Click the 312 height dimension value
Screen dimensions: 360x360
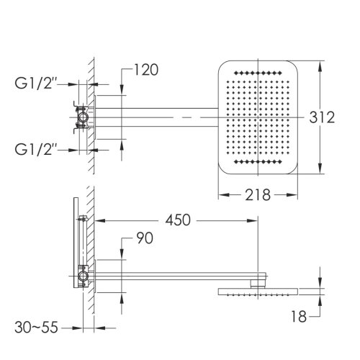tap(322, 117)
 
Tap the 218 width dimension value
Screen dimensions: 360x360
tap(258, 195)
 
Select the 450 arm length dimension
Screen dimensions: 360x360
tap(178, 220)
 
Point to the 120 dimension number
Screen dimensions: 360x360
tap(146, 70)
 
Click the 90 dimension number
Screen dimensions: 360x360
tap(145, 238)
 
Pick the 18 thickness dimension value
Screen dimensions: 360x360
tap(299, 317)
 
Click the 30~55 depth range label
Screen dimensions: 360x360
tap(36, 328)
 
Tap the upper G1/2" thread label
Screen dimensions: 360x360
tap(36, 84)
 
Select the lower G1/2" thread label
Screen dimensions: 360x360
tap(36, 149)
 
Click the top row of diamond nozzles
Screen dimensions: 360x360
tap(258, 73)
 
